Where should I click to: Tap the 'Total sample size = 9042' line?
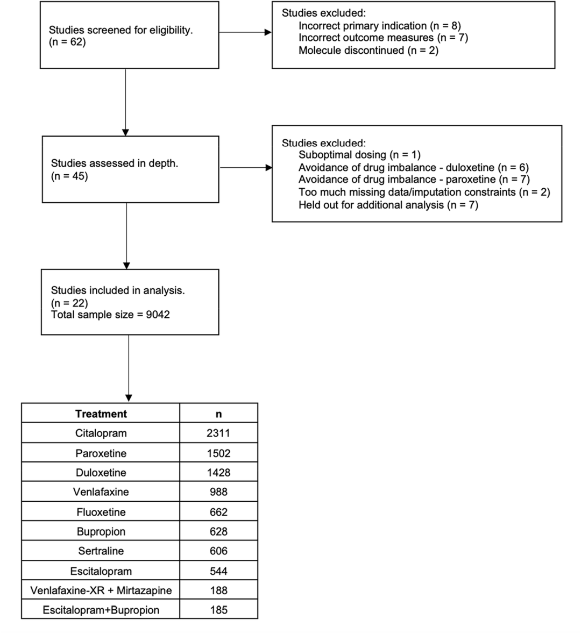coord(110,315)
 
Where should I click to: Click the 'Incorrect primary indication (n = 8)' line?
coord(379,26)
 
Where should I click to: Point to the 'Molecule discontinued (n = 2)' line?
coord(368,50)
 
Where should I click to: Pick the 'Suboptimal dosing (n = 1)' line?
coord(359,155)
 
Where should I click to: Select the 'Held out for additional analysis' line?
coord(388,205)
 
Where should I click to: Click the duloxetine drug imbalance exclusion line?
coord(414,167)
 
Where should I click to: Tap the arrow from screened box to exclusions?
coord(245,32)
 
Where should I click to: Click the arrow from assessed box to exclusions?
coord(246,167)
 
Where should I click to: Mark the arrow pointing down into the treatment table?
coord(129,368)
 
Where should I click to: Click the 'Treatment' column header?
coord(101,414)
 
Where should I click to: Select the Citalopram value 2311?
coord(218,433)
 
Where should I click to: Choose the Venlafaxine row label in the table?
coord(101,492)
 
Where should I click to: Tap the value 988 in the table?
coord(218,492)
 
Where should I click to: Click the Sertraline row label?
coord(101,551)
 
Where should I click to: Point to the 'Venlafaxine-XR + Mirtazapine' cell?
coord(101,590)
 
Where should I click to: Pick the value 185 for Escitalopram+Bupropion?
coord(218,610)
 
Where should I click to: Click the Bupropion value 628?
coord(218,531)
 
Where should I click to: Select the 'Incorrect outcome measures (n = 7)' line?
coord(383,38)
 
